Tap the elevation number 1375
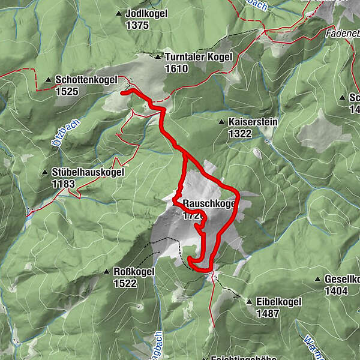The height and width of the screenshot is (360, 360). click(x=137, y=25)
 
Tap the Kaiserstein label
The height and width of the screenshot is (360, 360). click(x=253, y=122)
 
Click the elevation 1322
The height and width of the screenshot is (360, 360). click(x=240, y=134)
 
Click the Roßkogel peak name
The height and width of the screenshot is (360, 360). click(x=134, y=271)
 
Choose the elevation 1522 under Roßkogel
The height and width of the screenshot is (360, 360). click(x=126, y=283)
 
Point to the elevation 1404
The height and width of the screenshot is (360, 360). click(x=336, y=292)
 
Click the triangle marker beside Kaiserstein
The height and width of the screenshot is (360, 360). click(x=221, y=122)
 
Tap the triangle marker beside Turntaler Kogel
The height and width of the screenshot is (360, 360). click(x=158, y=58)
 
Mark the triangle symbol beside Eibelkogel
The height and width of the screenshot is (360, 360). click(x=249, y=302)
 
